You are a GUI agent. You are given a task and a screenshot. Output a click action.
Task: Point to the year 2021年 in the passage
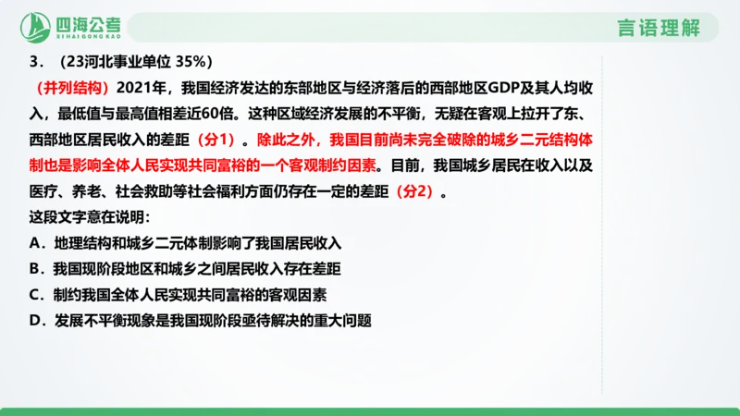142,89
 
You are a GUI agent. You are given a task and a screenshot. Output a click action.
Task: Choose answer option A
185,245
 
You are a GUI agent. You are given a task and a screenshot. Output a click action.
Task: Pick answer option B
185,270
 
